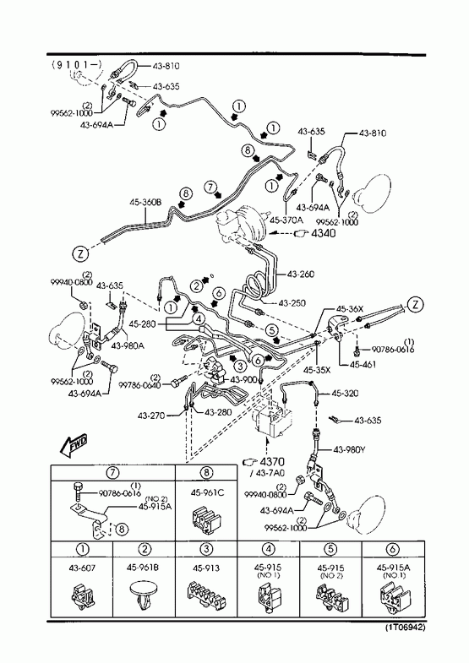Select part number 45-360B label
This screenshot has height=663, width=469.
(x=145, y=203)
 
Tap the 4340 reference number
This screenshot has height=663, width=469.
(x=324, y=233)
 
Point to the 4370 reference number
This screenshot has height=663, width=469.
(x=272, y=462)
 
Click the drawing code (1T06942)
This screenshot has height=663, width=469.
(x=405, y=627)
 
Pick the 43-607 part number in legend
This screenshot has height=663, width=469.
(x=82, y=568)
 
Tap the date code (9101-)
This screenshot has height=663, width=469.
(x=77, y=64)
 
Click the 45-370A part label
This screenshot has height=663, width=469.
(x=286, y=220)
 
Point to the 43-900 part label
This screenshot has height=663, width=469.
(x=243, y=379)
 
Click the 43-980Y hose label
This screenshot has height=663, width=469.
(x=349, y=449)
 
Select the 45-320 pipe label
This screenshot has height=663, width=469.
(x=345, y=394)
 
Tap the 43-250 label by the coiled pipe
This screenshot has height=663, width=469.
(x=292, y=303)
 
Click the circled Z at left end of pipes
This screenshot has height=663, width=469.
(x=81, y=253)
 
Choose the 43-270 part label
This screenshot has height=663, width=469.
(x=150, y=416)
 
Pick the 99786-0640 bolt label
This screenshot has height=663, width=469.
(x=139, y=385)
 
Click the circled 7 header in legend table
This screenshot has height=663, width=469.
(x=112, y=472)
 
